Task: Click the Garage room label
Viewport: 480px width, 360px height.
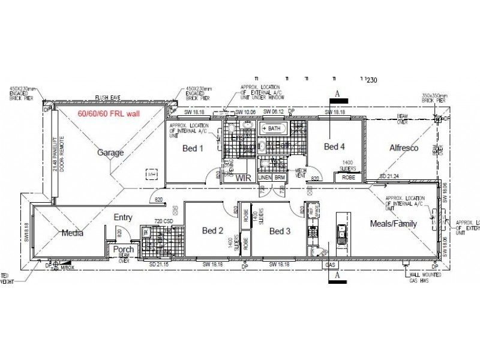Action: [x=111, y=152]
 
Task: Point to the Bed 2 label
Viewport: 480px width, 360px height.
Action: [x=212, y=230]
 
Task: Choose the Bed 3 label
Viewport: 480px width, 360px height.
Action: [x=280, y=231]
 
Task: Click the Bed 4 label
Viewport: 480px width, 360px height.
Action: [x=335, y=146]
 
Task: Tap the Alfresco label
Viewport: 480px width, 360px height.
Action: [x=404, y=148]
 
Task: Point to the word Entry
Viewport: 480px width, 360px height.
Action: [x=123, y=218]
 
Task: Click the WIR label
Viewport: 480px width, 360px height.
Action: [x=243, y=178]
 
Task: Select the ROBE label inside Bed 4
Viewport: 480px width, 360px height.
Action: [x=349, y=178]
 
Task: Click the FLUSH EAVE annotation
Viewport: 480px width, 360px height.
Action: [x=108, y=101]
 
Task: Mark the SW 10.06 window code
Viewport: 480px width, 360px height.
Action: [x=246, y=112]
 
